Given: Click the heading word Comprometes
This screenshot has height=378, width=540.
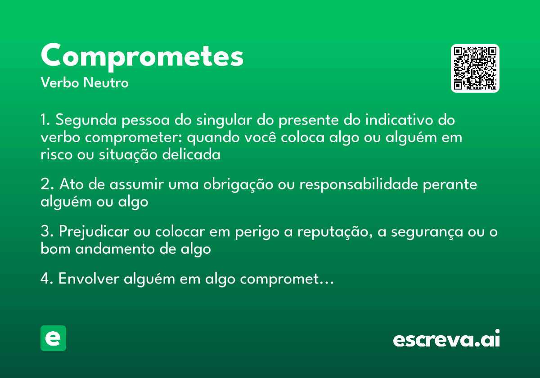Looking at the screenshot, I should click(x=142, y=56).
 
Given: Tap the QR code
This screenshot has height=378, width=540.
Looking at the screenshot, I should click(x=475, y=68).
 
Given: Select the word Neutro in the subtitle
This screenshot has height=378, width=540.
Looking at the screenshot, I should click(x=106, y=83).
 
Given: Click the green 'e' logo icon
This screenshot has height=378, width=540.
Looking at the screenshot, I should click(x=53, y=338).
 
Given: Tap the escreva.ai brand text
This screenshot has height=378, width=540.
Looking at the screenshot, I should click(x=446, y=339).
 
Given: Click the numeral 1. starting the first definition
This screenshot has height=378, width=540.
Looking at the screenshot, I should click(x=46, y=121).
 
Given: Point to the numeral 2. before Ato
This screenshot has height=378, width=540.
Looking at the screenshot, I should click(x=47, y=184).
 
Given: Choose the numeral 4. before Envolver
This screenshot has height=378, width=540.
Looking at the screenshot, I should click(x=47, y=279).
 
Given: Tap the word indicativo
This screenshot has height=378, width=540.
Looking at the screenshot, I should click(x=399, y=121).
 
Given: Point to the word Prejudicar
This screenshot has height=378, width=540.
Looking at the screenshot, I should click(x=93, y=232).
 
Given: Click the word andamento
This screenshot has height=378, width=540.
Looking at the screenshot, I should click(x=120, y=248).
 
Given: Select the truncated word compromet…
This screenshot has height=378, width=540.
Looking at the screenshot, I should click(x=287, y=279).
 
